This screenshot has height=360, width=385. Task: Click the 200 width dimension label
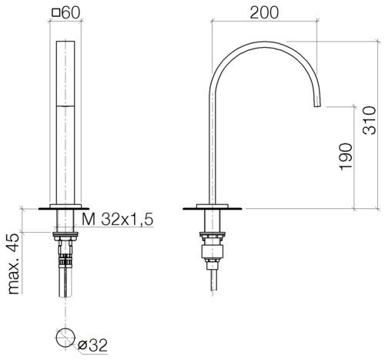(x=264, y=12)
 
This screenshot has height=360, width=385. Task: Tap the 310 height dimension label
(x=369, y=120)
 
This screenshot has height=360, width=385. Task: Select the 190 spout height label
(x=346, y=156)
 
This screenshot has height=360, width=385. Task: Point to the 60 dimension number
(x=71, y=12)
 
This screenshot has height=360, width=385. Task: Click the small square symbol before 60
(x=56, y=12)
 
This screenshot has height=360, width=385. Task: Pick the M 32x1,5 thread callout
(x=118, y=220)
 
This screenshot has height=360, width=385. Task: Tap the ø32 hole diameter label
(x=92, y=345)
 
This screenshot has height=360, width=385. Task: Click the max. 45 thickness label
(x=14, y=264)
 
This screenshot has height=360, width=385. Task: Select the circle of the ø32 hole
(x=65, y=338)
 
